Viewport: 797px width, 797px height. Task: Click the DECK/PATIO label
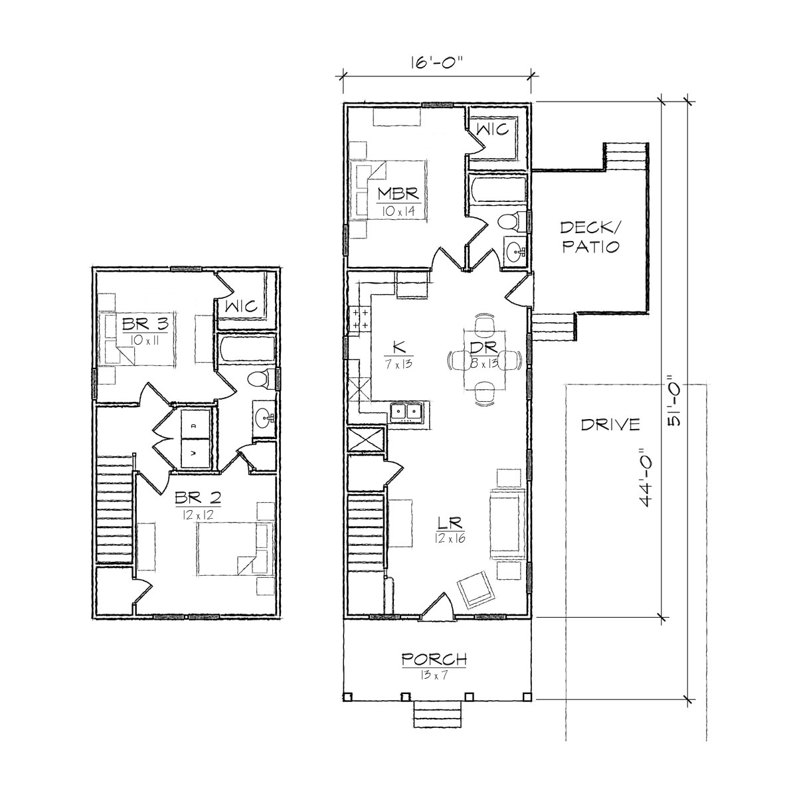590,237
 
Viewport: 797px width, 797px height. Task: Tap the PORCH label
434,660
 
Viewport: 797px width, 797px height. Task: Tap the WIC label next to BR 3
242,306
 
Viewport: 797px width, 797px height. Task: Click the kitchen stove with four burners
360,319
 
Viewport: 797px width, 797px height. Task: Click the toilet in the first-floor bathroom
509,221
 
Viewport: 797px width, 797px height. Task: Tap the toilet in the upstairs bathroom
260,379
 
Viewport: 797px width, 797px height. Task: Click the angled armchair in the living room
476,588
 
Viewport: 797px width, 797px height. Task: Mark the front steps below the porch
437,715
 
